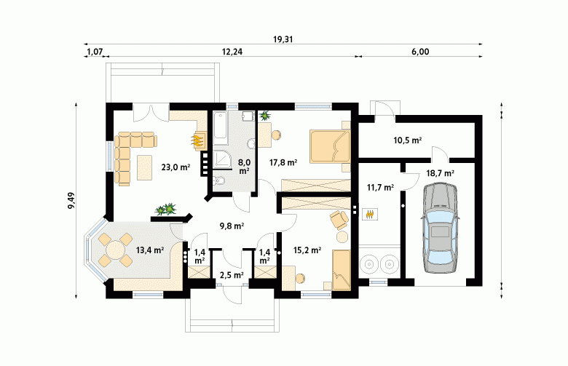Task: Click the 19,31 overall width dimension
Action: [x=283, y=39]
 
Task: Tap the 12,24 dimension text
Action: [x=232, y=52]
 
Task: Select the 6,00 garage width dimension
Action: [x=420, y=52]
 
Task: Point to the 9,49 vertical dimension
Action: [x=71, y=201]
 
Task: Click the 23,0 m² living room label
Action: [x=175, y=167]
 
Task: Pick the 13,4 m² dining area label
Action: [x=150, y=250]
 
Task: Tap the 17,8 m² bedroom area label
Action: [x=283, y=162]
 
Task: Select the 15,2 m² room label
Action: [x=307, y=250]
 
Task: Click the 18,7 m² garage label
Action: [x=440, y=173]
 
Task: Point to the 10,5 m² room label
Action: [x=408, y=140]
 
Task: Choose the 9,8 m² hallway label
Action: [x=232, y=226]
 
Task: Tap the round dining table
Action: [x=116, y=250]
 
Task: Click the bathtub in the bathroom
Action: [x=220, y=129]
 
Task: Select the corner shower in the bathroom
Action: [x=221, y=159]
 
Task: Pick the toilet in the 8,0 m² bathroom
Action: [x=218, y=180]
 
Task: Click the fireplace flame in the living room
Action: [x=197, y=140]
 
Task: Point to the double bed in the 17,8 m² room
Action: [x=330, y=146]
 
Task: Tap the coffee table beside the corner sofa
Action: [x=144, y=167]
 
